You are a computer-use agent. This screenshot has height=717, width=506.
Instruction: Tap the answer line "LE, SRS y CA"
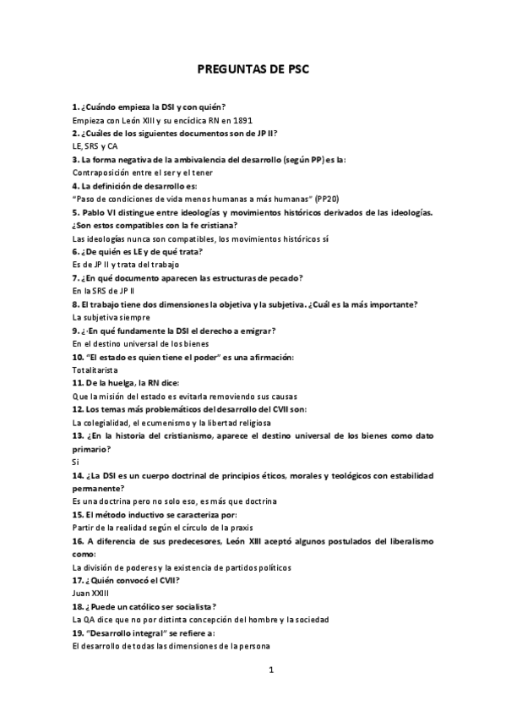coord(95,146)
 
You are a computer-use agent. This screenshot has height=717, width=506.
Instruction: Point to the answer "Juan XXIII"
coord(91,594)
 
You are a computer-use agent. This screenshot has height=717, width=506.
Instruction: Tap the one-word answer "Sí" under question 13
coord(75,462)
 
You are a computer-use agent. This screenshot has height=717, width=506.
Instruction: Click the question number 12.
coord(79,408)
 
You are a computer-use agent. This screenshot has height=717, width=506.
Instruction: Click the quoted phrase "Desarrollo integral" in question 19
coord(128,632)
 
